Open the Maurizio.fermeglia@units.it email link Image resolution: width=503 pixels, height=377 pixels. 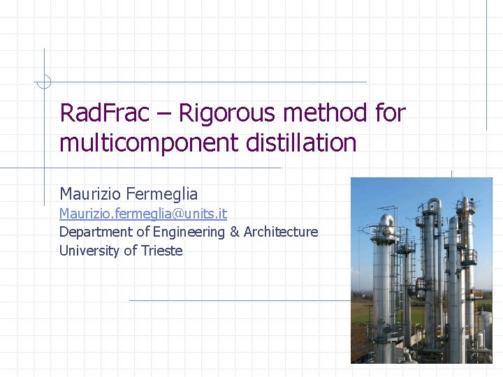(143, 213)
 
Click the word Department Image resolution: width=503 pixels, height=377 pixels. (94, 232)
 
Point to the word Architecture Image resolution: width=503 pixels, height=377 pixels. (280, 232)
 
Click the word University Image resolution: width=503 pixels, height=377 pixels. (89, 251)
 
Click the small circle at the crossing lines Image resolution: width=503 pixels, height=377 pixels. (44, 82)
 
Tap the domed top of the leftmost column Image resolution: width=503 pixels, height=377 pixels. (385, 222)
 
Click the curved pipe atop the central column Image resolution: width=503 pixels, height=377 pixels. (433, 205)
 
